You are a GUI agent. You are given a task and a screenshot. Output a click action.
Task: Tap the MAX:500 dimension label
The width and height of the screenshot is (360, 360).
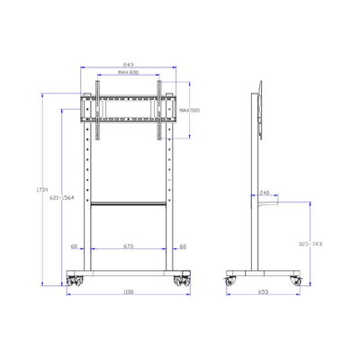tap(190, 111)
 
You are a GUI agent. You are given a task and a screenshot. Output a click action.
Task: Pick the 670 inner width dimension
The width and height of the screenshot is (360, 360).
tap(128, 245)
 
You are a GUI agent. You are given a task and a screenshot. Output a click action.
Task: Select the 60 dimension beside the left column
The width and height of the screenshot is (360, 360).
tap(72, 245)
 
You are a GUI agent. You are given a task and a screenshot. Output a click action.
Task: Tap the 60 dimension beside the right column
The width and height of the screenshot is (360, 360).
tap(183, 245)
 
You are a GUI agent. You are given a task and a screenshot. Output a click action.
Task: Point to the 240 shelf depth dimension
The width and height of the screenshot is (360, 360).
tap(265, 193)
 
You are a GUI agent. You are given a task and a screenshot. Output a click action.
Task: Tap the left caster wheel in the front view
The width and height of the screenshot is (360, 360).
tap(73, 278)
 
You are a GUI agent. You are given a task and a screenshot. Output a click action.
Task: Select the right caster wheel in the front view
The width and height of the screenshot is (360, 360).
tap(184, 278)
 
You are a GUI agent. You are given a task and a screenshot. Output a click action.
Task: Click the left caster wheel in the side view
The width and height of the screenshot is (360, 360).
tap(230, 280)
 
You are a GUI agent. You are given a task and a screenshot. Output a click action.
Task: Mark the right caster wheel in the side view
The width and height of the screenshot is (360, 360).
tap(295, 280)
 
